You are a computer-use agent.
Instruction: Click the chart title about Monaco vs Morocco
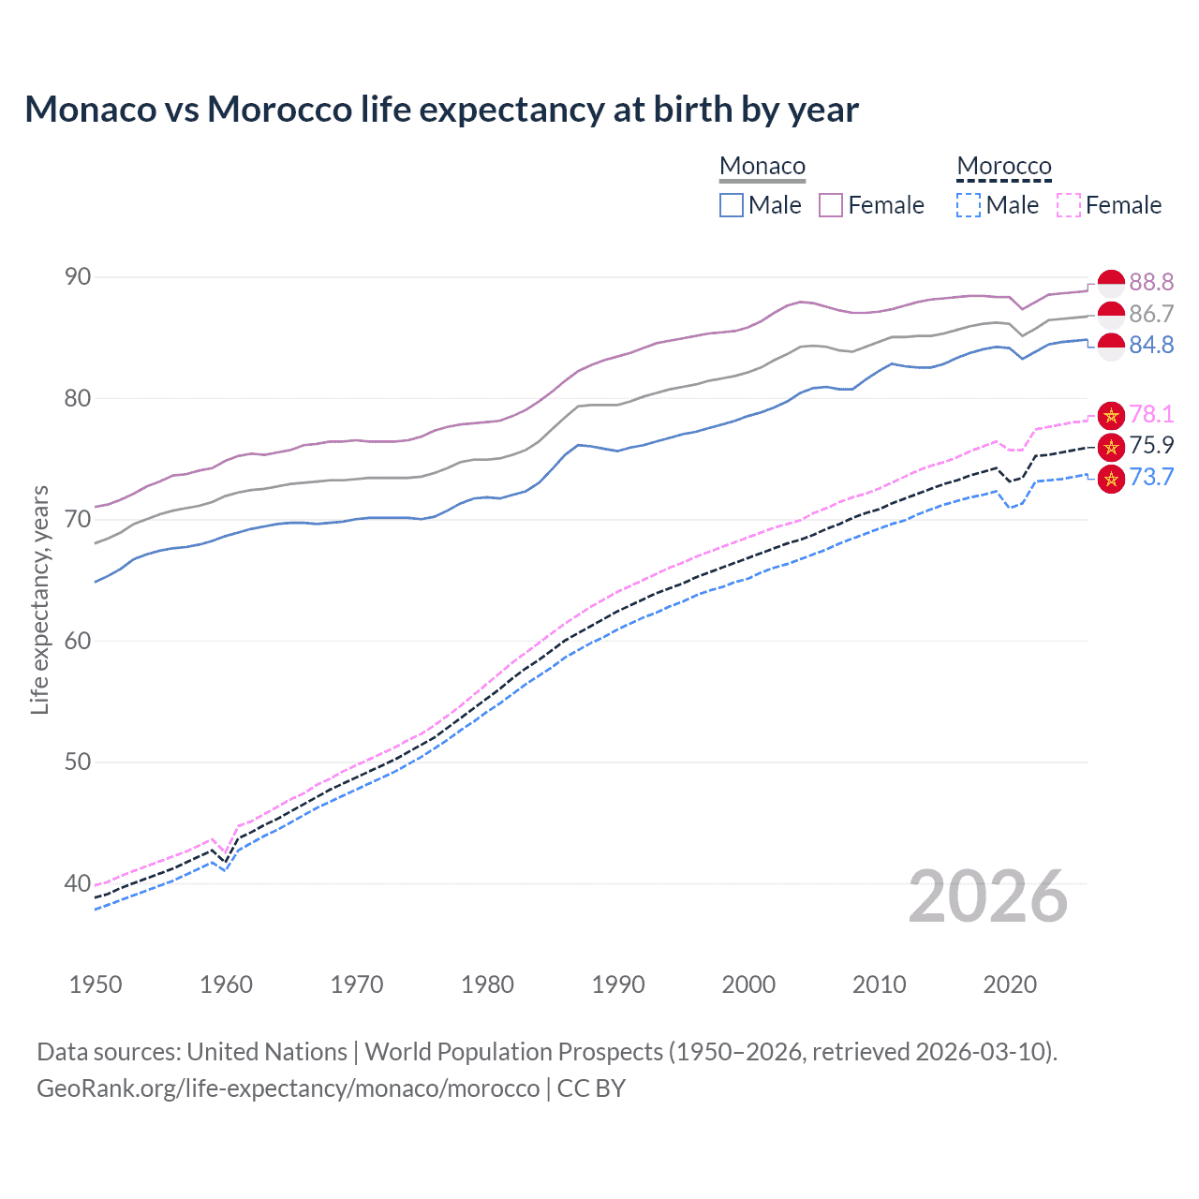tap(441, 110)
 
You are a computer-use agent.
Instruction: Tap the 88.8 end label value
tap(1151, 282)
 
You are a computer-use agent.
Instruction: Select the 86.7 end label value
tap(1151, 314)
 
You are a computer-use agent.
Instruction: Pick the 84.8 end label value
tap(1151, 346)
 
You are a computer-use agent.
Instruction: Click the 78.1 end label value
tap(1151, 415)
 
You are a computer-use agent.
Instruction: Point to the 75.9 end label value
tap(1151, 446)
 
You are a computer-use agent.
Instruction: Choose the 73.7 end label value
tap(1151, 478)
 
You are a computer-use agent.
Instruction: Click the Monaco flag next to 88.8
tap(1111, 282)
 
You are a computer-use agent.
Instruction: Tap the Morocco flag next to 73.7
tap(1111, 478)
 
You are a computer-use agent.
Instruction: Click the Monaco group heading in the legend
tap(762, 166)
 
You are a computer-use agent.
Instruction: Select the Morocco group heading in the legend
tap(1004, 166)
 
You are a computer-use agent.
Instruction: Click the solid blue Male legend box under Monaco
tap(732, 205)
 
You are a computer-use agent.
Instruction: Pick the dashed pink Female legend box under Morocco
tap(1069, 205)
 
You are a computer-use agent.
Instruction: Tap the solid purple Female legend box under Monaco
tap(831, 205)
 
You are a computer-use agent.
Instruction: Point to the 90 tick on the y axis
tap(79, 277)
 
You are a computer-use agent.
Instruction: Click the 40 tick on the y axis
tap(79, 883)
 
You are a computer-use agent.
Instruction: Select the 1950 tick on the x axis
tap(96, 984)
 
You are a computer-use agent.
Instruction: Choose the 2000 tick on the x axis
tap(748, 984)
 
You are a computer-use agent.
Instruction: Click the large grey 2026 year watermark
tap(988, 896)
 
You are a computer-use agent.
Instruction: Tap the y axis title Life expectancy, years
tap(39, 599)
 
